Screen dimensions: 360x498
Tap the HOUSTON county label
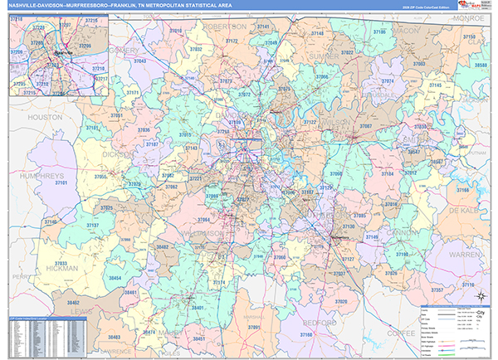pos(45,118)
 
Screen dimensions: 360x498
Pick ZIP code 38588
pos(480,65)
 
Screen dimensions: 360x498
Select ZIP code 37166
pos(461,191)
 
